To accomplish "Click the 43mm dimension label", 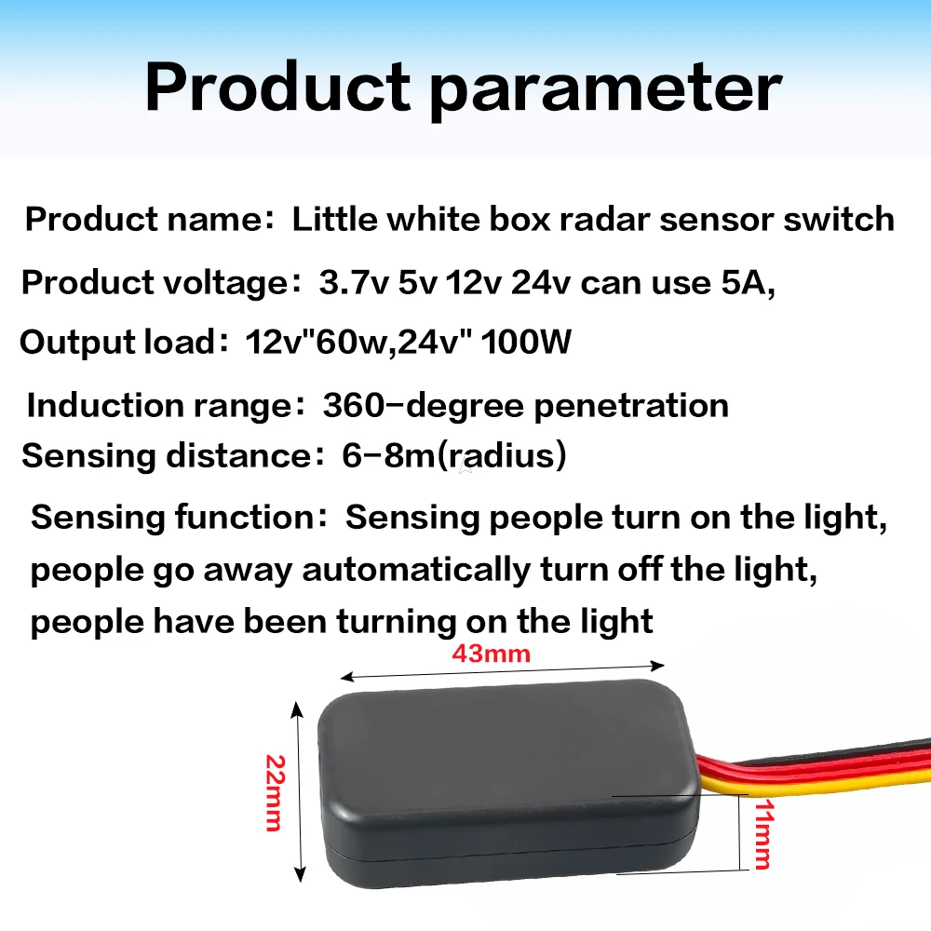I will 492,654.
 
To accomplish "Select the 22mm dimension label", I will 274,794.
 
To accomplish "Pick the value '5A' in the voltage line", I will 748,282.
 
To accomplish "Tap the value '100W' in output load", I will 527,343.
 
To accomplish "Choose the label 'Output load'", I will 117,343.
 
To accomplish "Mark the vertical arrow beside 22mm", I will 298,791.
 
